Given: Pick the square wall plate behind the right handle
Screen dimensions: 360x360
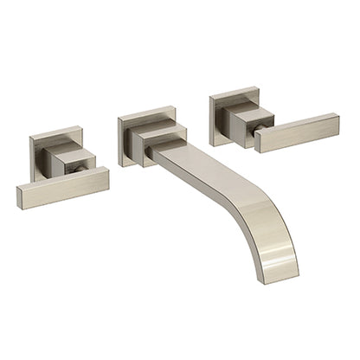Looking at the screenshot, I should pos(222,104).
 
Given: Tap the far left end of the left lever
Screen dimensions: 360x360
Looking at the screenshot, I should pos(20,195).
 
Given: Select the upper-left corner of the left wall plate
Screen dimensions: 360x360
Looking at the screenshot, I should pos(32,137).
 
